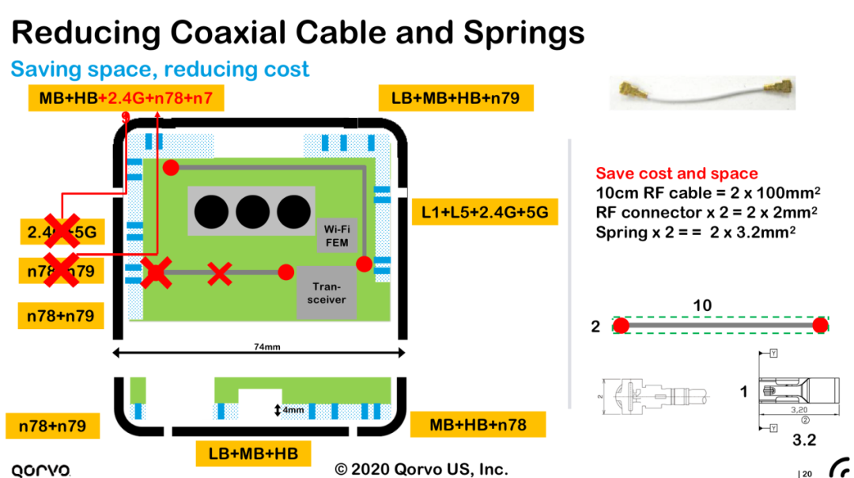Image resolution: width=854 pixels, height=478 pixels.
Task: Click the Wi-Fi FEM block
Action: (x=337, y=235)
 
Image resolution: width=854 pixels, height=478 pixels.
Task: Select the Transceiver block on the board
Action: (x=327, y=293)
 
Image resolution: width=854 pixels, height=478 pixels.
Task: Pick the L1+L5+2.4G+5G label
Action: (x=485, y=212)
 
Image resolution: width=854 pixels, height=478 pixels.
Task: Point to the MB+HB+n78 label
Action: (x=478, y=424)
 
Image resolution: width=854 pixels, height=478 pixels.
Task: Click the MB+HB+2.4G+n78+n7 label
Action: (x=126, y=98)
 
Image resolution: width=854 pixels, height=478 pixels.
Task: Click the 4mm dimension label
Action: (x=293, y=410)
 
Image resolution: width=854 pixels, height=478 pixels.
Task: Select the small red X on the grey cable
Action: (x=219, y=274)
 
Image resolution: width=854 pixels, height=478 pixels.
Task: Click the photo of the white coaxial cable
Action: (x=702, y=93)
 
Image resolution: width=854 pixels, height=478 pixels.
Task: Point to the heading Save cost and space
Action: (x=676, y=173)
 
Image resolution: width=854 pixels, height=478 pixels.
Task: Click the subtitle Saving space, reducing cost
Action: (x=160, y=70)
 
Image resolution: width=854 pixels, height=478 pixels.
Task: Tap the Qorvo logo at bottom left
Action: (x=40, y=469)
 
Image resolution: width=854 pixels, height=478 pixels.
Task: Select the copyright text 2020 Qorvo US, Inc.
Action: (x=421, y=469)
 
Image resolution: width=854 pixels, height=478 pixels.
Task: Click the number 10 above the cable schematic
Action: (x=702, y=305)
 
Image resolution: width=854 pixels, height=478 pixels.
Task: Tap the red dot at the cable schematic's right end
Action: (x=820, y=324)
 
